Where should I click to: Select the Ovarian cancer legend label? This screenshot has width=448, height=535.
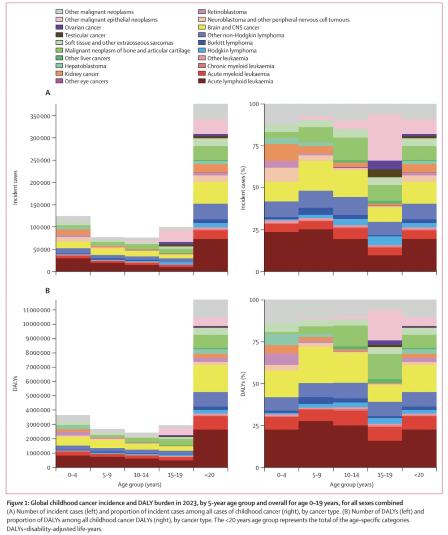pyautogui.click(x=83, y=27)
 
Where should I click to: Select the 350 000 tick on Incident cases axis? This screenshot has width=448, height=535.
pyautogui.click(x=39, y=116)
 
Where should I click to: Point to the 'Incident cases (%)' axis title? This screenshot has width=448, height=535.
pyautogui.click(x=243, y=187)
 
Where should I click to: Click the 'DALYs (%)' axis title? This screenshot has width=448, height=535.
pyautogui.click(x=243, y=383)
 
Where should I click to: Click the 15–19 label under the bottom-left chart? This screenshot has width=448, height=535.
pyautogui.click(x=176, y=476)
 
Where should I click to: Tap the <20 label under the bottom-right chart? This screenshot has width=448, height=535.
pyautogui.click(x=419, y=476)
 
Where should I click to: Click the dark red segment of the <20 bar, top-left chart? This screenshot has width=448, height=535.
pyautogui.click(x=211, y=255)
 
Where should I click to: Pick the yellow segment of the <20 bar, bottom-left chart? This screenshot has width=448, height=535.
pyautogui.click(x=211, y=378)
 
